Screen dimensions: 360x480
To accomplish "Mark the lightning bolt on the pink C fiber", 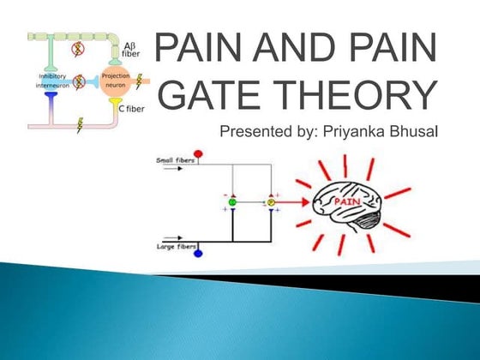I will [x=80, y=124].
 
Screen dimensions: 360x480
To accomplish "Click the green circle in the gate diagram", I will [x=231, y=203].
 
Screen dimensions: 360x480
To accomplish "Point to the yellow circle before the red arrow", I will [x=271, y=203].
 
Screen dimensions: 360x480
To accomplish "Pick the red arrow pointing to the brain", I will [x=291, y=204].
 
